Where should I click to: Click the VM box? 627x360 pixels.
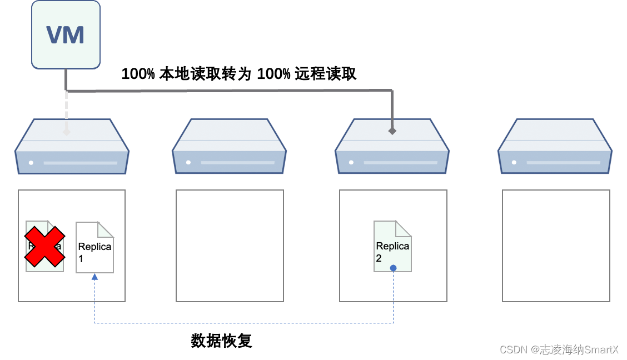click(x=66, y=34)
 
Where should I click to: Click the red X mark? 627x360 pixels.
click(x=44, y=245)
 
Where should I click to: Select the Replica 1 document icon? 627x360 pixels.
click(x=94, y=247)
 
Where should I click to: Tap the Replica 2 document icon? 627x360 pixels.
click(x=392, y=246)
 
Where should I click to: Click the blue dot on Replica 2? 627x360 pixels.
click(x=393, y=268)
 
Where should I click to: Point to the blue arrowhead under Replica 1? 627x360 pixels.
click(x=94, y=276)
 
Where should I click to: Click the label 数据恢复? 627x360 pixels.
click(x=221, y=341)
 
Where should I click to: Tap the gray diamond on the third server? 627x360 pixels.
click(x=392, y=131)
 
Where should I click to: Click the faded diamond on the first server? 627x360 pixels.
click(x=66, y=132)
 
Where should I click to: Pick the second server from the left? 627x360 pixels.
click(x=229, y=146)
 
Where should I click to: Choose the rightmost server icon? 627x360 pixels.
click(x=555, y=146)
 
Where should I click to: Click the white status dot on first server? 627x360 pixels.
click(x=31, y=163)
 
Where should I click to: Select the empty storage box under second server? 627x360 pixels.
click(x=230, y=246)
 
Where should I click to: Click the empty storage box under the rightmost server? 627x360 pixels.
click(x=556, y=246)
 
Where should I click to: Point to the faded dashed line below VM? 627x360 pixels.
click(x=66, y=111)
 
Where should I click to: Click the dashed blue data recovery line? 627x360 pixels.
click(x=245, y=323)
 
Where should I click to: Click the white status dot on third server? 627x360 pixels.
click(x=351, y=163)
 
